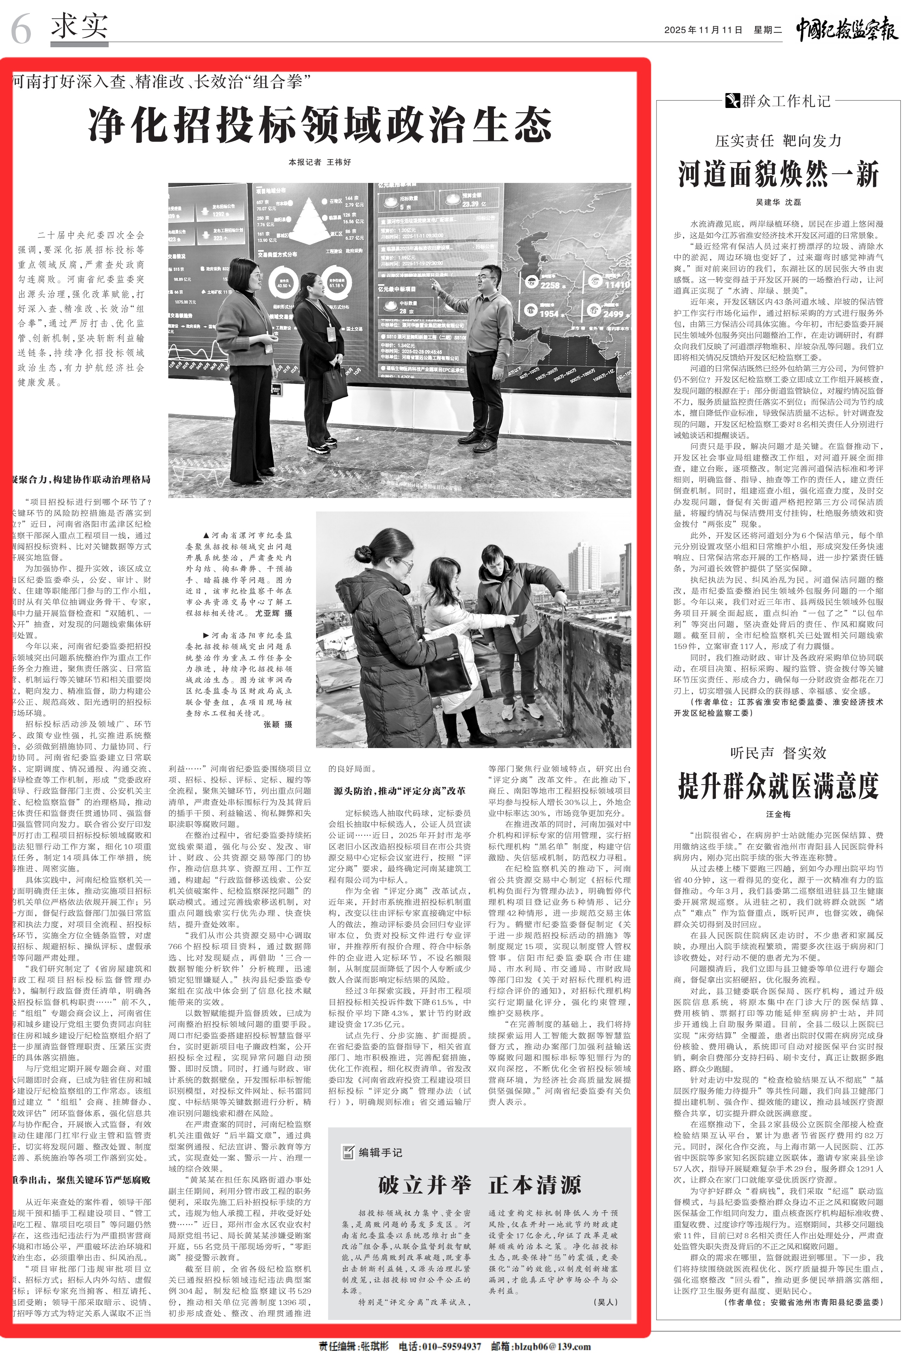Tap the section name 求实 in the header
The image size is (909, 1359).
click(x=80, y=26)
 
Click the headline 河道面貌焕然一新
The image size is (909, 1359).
click(x=778, y=174)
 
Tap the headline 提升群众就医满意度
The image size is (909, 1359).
click(x=778, y=786)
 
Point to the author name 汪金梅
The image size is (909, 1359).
click(x=778, y=814)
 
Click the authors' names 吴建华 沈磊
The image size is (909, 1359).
click(x=778, y=202)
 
